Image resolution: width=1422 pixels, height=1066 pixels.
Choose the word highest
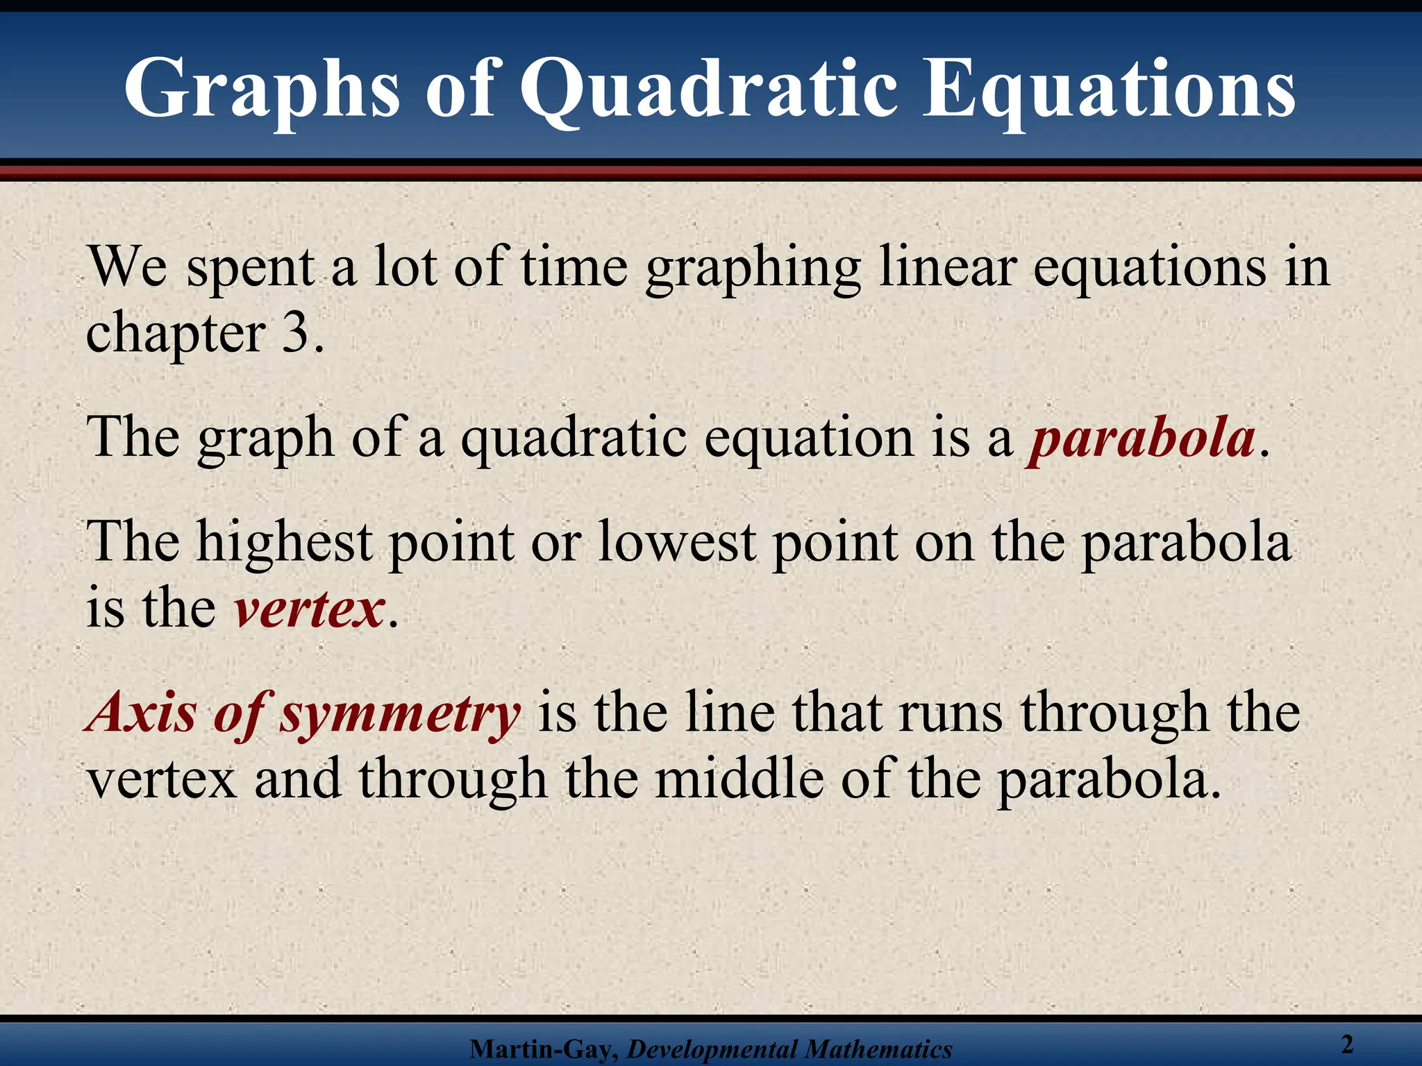click(x=285, y=543)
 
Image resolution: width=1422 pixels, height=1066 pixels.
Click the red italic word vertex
click(x=309, y=609)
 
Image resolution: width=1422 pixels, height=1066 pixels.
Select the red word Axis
click(x=142, y=713)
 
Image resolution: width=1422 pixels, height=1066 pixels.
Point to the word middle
click(x=739, y=779)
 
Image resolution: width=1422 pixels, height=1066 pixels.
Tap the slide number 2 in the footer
click(x=1347, y=1044)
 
